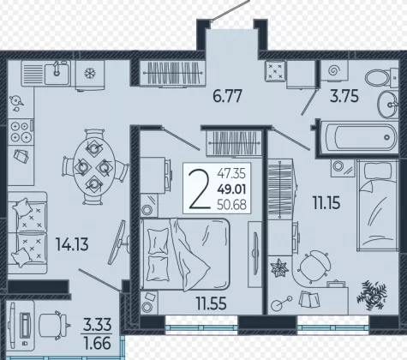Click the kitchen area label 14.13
(x=72, y=244)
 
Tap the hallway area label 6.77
(x=227, y=96)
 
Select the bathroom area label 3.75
(x=344, y=96)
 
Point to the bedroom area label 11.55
(x=212, y=303)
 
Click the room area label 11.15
(x=326, y=203)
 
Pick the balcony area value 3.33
(x=97, y=325)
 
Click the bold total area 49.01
(x=231, y=189)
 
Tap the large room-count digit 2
(x=200, y=189)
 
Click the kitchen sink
(x=57, y=74)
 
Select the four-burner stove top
(x=21, y=132)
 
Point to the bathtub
(x=359, y=138)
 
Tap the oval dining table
(x=94, y=167)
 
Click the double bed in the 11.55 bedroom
(x=185, y=255)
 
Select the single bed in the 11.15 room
(x=377, y=205)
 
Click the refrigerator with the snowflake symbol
(x=90, y=75)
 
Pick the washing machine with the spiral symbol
(x=334, y=70)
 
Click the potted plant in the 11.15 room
(x=372, y=296)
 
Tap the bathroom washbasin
(x=387, y=105)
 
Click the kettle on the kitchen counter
(x=16, y=102)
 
